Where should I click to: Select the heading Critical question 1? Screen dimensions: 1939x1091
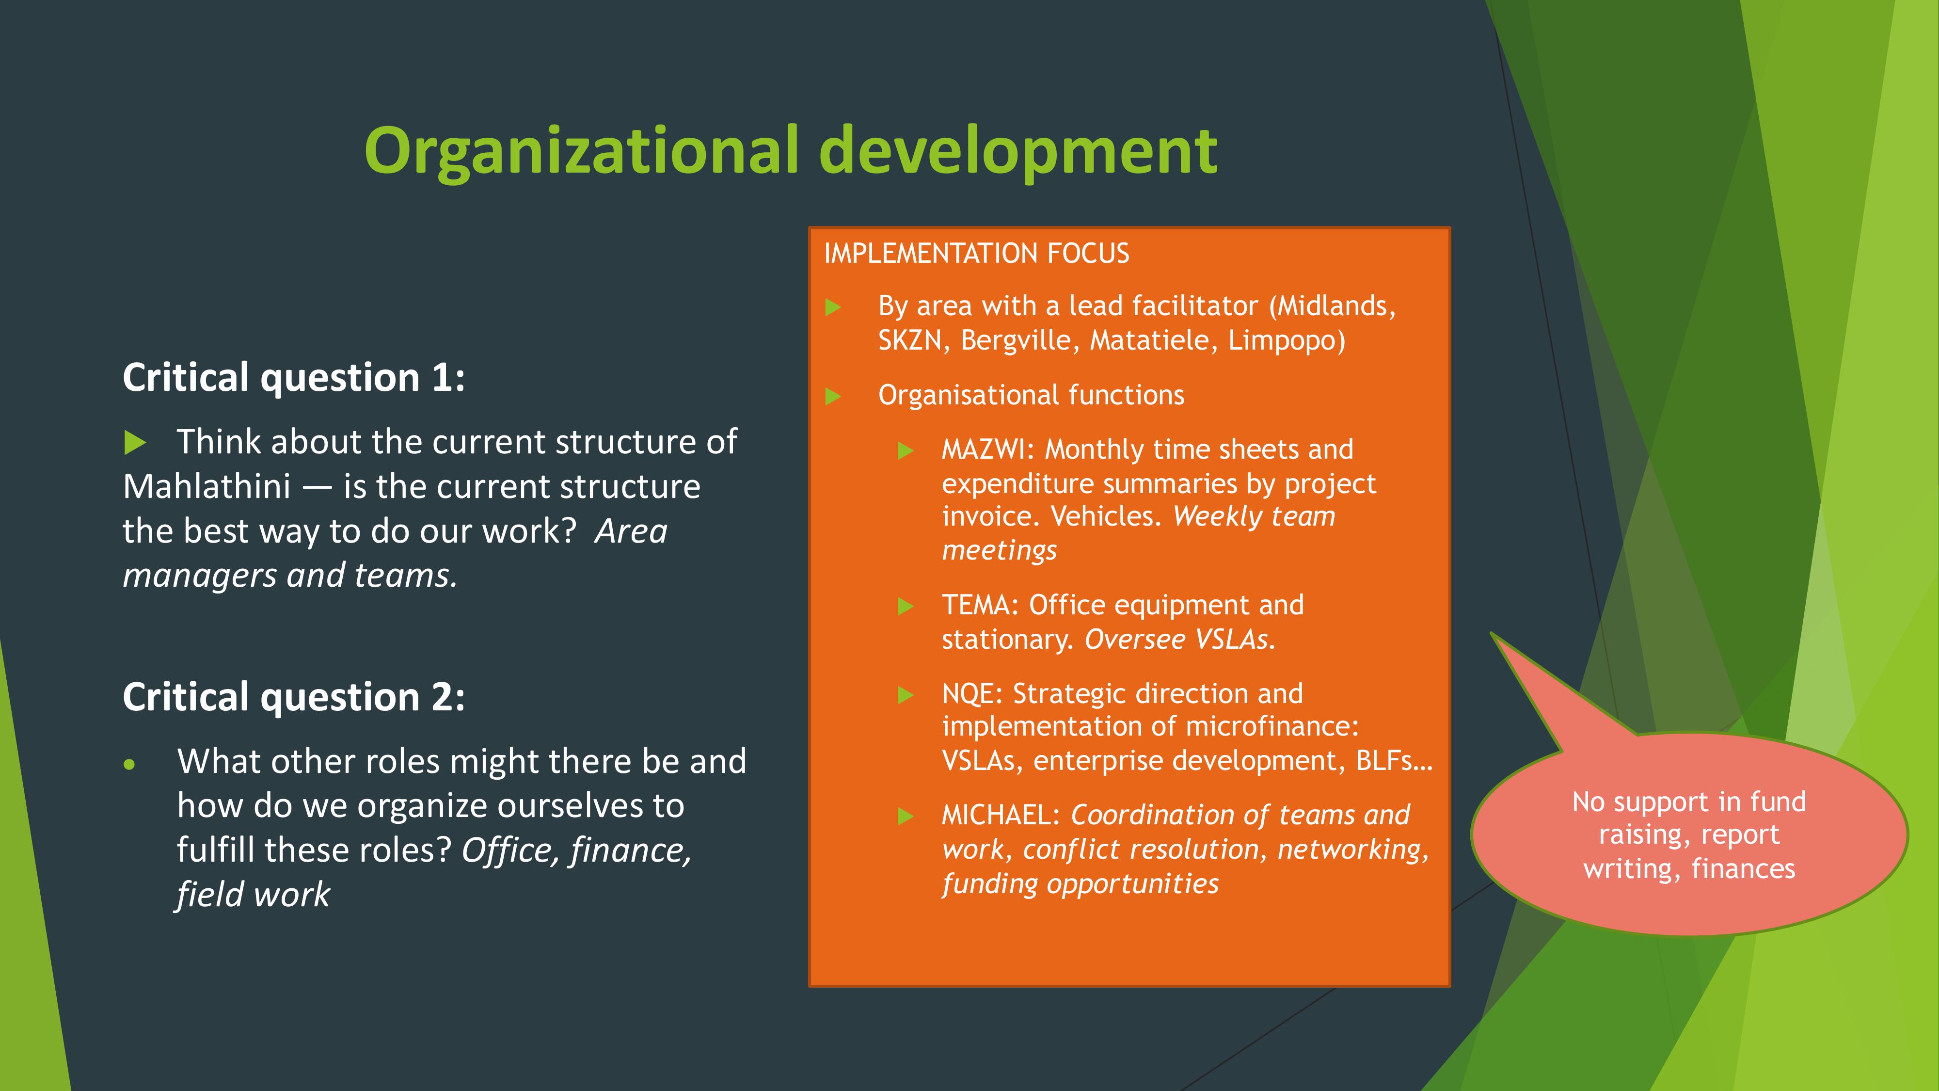(x=294, y=377)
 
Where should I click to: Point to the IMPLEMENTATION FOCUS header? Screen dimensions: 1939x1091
(x=976, y=253)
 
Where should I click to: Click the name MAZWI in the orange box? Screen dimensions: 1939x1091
(x=984, y=449)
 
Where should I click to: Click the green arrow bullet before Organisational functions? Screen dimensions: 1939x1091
(x=832, y=396)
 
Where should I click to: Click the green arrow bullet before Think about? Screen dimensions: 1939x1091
(x=135, y=443)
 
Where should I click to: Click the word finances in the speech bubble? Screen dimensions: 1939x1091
(x=1743, y=869)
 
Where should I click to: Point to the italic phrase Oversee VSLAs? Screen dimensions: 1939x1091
(x=1179, y=639)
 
